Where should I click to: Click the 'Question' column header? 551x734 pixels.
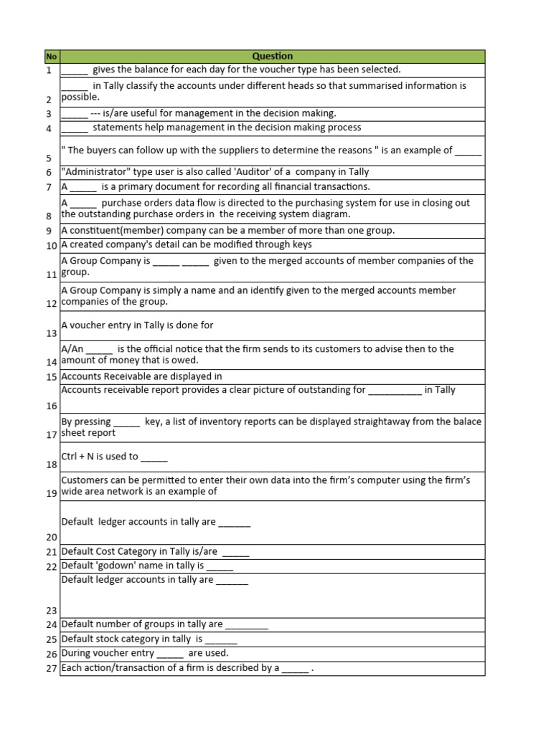click(x=272, y=56)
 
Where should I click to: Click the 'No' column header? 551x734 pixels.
click(x=51, y=56)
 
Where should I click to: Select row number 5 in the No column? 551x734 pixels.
click(x=49, y=158)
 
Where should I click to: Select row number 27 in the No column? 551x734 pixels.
click(x=51, y=669)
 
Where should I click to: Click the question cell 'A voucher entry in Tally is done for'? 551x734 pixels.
click(x=138, y=325)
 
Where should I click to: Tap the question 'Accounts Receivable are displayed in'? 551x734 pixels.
click(x=142, y=376)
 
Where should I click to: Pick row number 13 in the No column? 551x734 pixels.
click(x=51, y=333)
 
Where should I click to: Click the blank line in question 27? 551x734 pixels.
click(x=295, y=668)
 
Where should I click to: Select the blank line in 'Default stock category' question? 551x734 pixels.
click(x=221, y=639)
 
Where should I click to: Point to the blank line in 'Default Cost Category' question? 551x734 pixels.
click(x=236, y=552)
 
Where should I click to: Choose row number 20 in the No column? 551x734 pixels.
click(x=51, y=537)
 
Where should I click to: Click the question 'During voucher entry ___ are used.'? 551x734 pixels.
click(x=145, y=653)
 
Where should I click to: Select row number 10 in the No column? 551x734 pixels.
click(x=51, y=246)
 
